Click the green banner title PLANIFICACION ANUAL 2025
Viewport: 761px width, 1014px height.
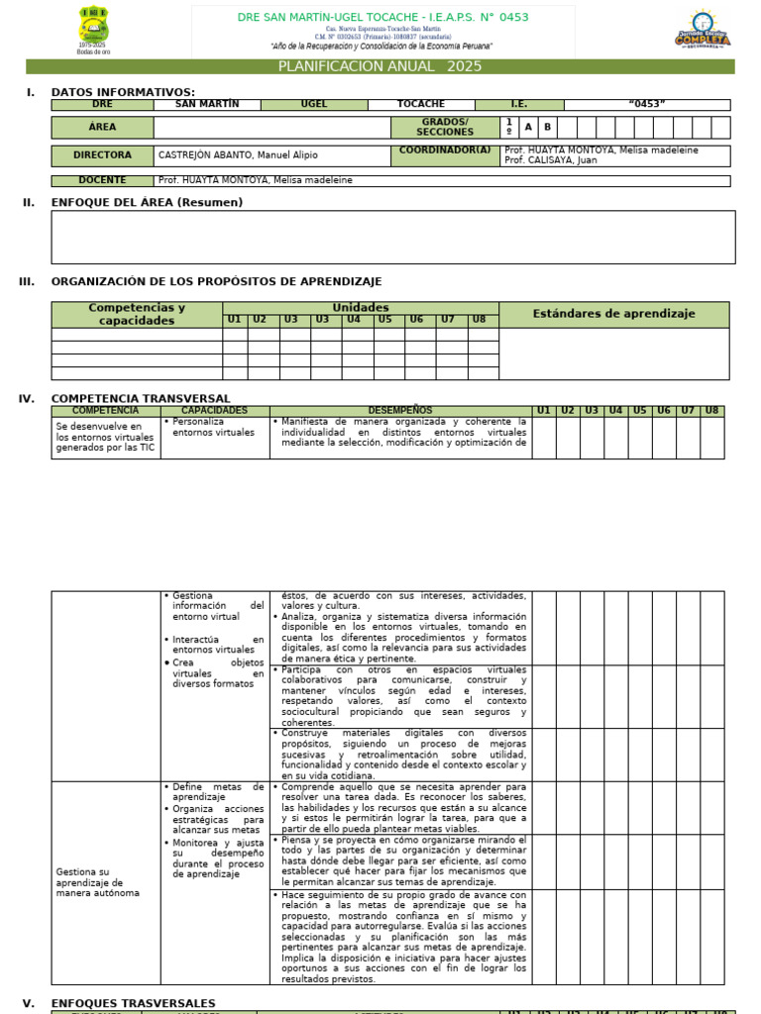[x=380, y=66]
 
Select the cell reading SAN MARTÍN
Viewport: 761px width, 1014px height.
[x=206, y=104]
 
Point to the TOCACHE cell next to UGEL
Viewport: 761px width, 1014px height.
[x=421, y=104]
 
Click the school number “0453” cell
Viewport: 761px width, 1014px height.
[x=646, y=104]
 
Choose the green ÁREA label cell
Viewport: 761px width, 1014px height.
[x=102, y=127]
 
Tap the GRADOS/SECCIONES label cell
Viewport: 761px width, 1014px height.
[x=445, y=127]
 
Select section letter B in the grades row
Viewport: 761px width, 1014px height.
[x=546, y=127]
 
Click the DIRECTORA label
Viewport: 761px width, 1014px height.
[x=102, y=155]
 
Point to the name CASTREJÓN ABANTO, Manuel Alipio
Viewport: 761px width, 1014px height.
[x=234, y=155]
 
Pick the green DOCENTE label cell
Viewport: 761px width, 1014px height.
[x=102, y=180]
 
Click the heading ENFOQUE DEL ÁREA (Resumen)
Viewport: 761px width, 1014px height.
[x=147, y=202]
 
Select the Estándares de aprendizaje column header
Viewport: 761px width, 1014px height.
[x=613, y=314]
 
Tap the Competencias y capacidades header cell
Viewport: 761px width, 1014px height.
[x=137, y=314]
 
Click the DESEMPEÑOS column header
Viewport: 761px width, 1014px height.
[x=400, y=410]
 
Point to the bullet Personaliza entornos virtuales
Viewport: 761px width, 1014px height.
[x=212, y=427]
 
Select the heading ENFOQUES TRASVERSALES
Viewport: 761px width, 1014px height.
[x=133, y=1003]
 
